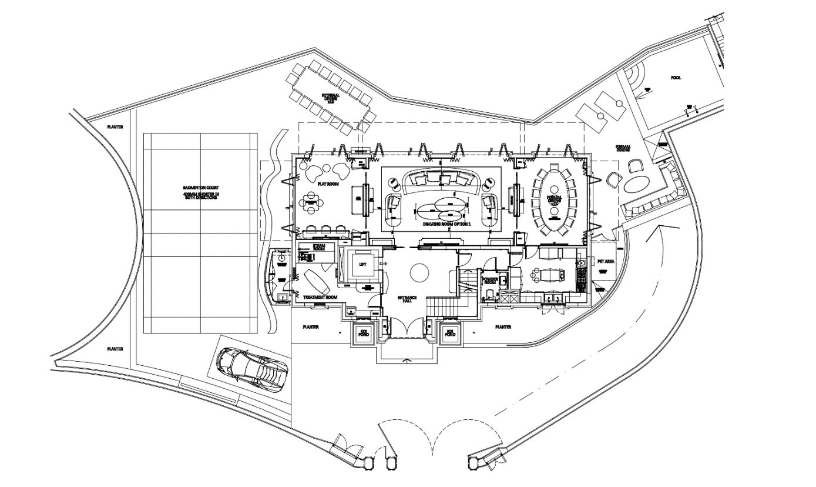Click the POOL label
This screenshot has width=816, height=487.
pyautogui.click(x=676, y=78)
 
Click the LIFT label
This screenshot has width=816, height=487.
pyautogui.click(x=362, y=265)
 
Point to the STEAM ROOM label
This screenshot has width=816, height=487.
pyautogui.click(x=319, y=248)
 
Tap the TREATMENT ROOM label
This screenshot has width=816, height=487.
pyautogui.click(x=320, y=298)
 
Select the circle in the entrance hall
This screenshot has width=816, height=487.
pyautogui.click(x=419, y=272)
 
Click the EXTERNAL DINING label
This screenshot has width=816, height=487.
pyautogui.click(x=331, y=98)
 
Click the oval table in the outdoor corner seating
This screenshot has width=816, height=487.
pyautogui.click(x=636, y=184)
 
